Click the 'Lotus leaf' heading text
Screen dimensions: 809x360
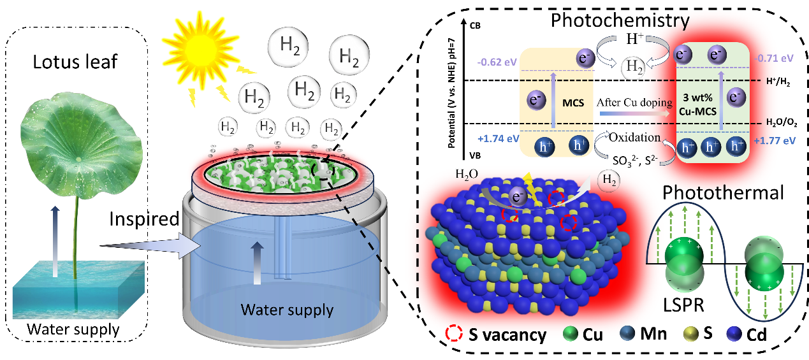[75, 62]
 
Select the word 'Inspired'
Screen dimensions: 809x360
[144, 219]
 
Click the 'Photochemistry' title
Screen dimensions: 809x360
[620, 20]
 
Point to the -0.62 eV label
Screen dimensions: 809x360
[497, 62]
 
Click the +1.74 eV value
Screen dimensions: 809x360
[498, 139]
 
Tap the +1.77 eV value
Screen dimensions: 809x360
[775, 140]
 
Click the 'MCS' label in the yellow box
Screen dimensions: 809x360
[573, 103]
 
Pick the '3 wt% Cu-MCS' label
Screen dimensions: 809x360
[697, 104]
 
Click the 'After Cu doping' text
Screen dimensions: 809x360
[634, 103]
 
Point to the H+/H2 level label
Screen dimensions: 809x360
[778, 82]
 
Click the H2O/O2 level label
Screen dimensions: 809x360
[782, 123]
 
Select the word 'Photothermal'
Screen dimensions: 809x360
[723, 193]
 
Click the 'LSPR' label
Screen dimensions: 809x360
[683, 305]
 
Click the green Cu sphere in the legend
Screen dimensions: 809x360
[571, 334]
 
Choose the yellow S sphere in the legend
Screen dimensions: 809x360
[691, 334]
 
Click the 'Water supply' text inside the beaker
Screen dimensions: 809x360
[287, 310]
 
